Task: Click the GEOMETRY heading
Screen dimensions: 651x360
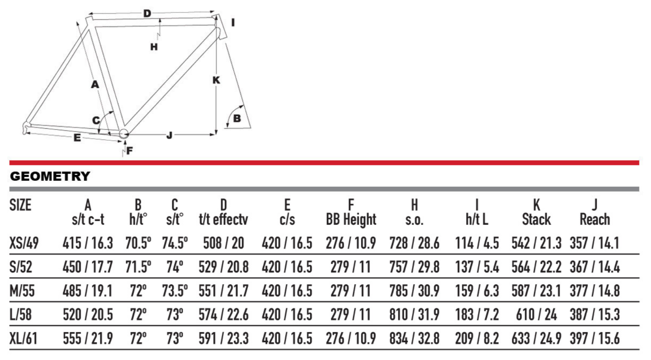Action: (50, 176)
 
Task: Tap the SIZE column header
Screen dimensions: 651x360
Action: (20, 205)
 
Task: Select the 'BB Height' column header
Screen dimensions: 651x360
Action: (351, 220)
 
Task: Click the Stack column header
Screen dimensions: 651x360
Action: (537, 219)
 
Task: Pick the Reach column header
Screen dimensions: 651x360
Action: (595, 219)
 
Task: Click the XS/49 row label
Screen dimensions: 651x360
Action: (24, 243)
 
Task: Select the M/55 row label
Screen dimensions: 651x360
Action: (22, 291)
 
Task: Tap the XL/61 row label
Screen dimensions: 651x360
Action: (23, 339)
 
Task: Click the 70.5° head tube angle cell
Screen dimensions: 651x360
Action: (138, 243)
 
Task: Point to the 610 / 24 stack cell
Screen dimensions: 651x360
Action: (537, 314)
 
